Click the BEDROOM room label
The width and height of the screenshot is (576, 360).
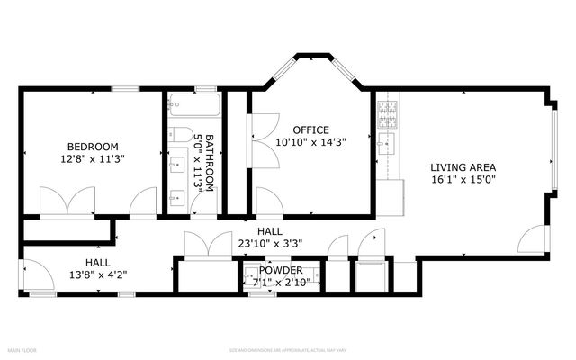93,147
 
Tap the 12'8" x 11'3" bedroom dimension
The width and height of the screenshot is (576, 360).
93,158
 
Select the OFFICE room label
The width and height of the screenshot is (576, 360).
310,130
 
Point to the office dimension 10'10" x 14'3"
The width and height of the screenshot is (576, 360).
310,141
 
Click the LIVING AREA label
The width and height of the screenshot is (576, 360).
463,167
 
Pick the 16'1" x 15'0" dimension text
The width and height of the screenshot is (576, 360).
463,179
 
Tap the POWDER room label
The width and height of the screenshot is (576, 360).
281,270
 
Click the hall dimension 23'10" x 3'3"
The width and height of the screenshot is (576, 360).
269,242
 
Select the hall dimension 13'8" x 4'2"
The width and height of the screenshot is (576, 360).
98,275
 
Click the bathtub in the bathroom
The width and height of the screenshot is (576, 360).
195,104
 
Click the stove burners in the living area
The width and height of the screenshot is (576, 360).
387,112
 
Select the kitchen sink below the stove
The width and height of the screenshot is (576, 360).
388,144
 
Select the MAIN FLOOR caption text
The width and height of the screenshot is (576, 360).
22,349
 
